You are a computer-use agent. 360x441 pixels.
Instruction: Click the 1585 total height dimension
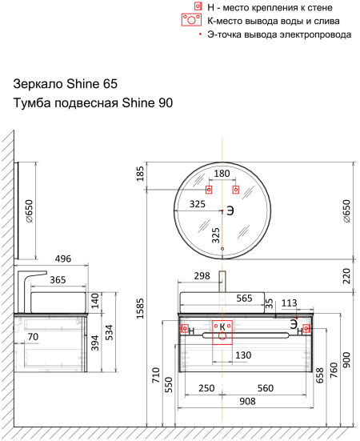click(140, 308)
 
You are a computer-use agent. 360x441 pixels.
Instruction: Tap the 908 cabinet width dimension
click(247, 401)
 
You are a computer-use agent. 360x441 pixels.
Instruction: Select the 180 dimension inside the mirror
click(222, 174)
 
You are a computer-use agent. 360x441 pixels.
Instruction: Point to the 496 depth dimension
click(63, 259)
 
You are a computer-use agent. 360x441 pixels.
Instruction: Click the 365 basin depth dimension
click(58, 280)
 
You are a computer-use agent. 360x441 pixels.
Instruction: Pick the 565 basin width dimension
click(244, 298)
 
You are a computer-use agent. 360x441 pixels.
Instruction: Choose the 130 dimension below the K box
click(243, 355)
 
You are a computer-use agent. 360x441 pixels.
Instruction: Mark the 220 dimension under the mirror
click(346, 276)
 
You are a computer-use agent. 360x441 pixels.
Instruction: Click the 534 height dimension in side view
click(109, 332)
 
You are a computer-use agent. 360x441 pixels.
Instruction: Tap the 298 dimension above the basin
click(202, 276)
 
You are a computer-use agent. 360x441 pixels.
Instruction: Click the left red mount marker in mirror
click(209, 190)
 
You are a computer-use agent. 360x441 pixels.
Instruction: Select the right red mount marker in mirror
click(236, 190)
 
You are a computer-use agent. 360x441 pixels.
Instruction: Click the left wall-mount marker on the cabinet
click(185, 328)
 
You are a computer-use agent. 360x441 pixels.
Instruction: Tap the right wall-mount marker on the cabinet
click(306, 328)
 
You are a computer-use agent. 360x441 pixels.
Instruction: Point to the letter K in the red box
click(222, 327)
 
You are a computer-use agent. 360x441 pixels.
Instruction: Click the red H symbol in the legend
click(198, 6)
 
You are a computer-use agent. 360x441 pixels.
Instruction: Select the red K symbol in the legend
click(191, 20)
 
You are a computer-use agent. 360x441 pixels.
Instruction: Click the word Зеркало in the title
click(38, 84)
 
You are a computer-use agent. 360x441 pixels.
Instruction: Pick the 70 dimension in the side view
click(33, 337)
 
